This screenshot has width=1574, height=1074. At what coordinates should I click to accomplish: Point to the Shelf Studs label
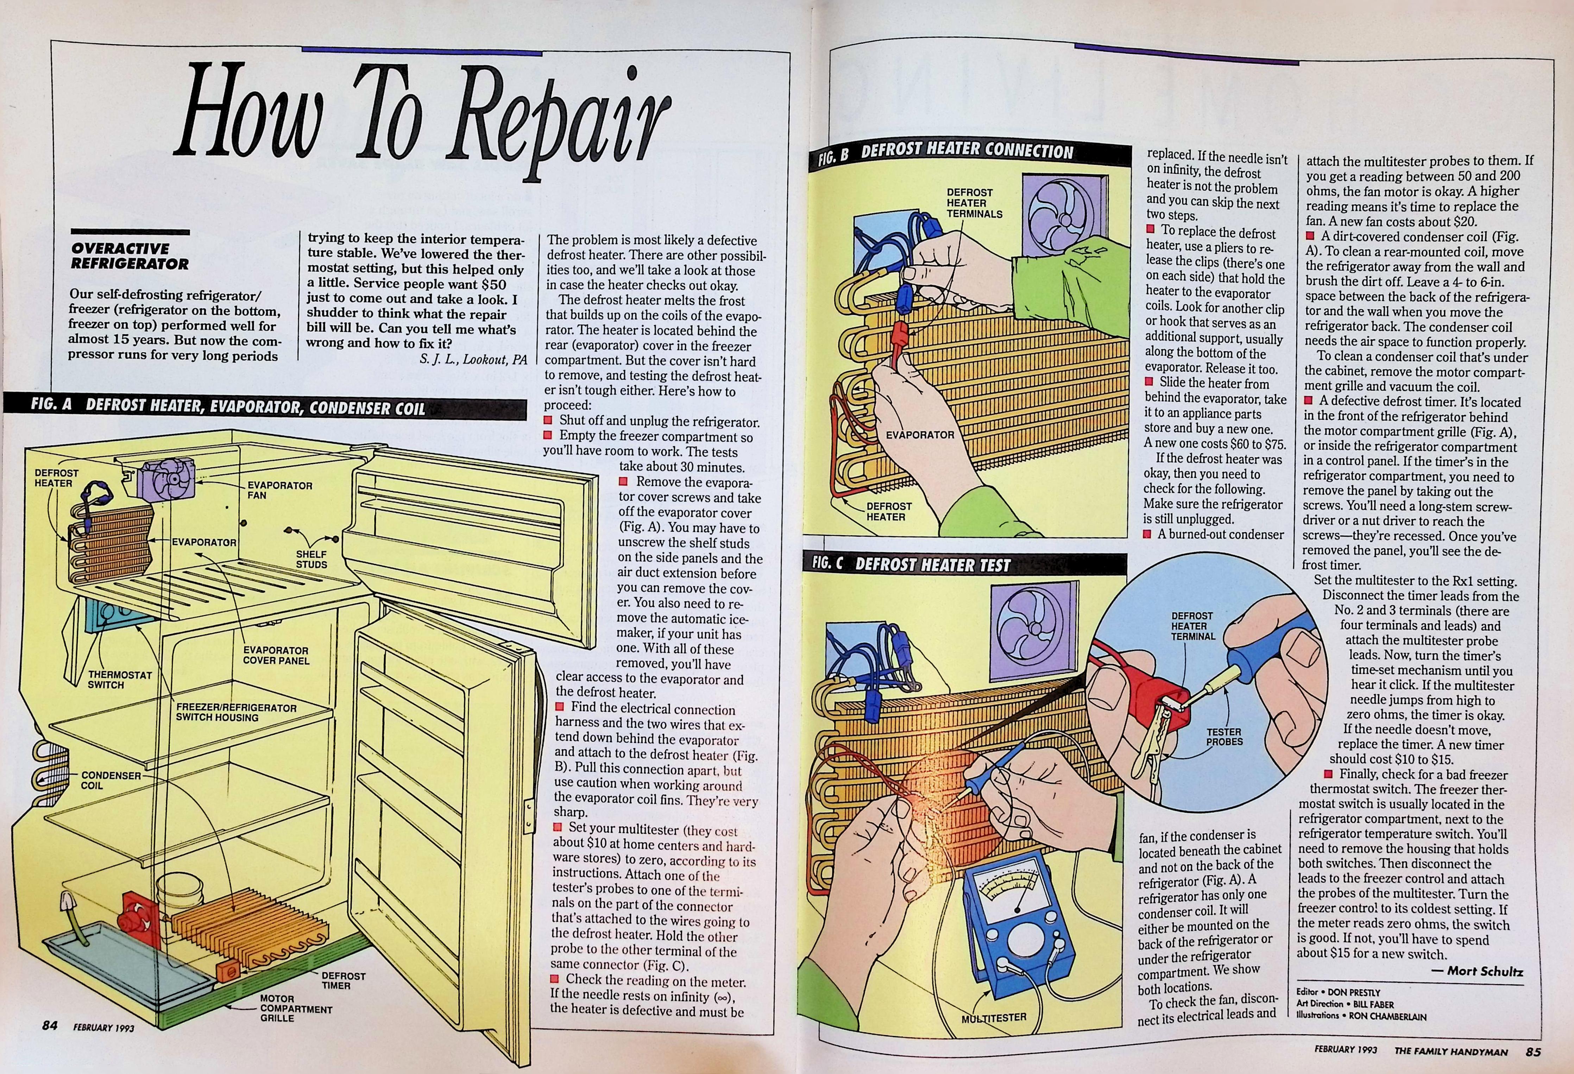311,560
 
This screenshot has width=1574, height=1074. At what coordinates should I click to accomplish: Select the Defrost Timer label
344,980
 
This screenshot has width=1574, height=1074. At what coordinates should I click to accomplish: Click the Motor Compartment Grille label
296,1008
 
